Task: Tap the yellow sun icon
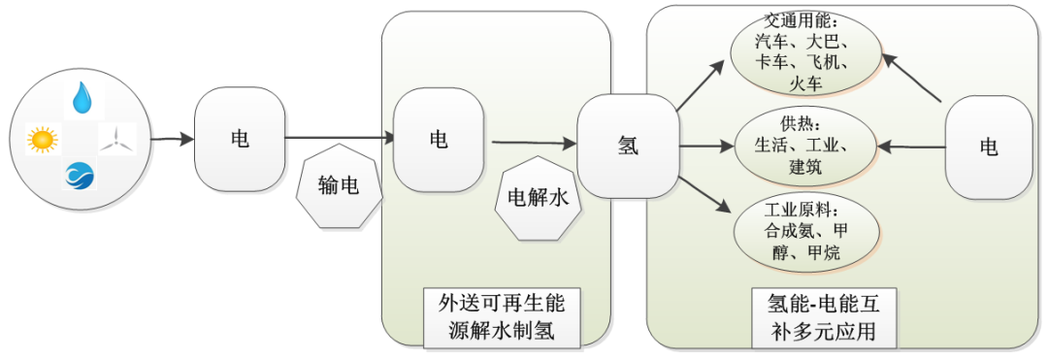point(43,140)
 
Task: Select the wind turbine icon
point(118,139)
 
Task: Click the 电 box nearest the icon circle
point(240,139)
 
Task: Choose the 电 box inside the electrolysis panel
point(439,139)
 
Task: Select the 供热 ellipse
point(805,147)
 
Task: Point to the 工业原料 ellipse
point(805,232)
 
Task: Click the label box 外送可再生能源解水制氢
point(502,317)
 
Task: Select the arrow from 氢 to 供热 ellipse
point(704,147)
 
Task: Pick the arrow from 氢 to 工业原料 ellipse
point(704,194)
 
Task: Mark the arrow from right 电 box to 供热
point(910,147)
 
